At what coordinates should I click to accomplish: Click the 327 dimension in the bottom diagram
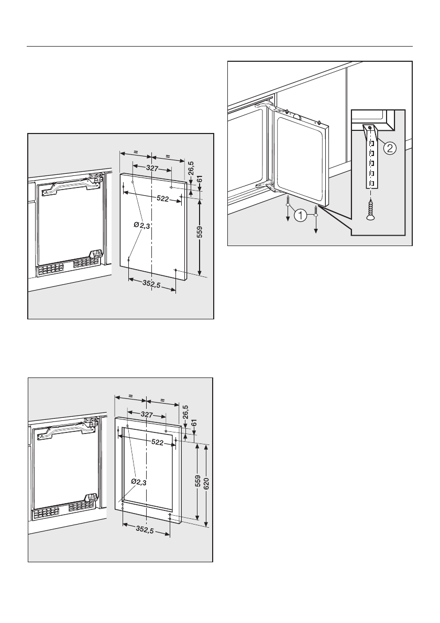coord(147,414)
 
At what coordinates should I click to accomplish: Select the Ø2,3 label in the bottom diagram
coord(138,482)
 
